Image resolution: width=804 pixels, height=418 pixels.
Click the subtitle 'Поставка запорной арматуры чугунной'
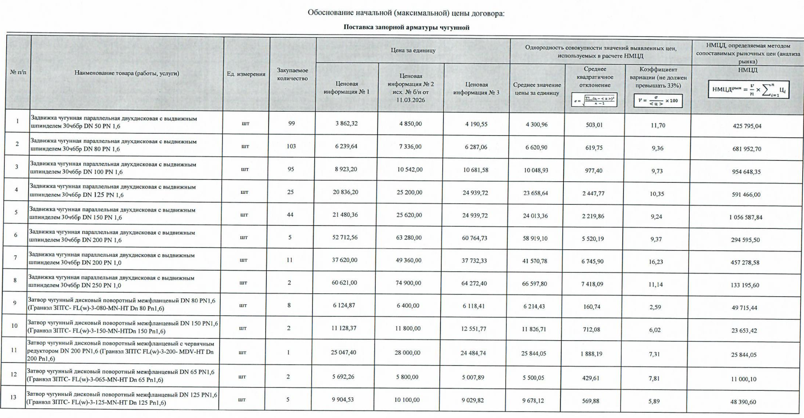[406, 28]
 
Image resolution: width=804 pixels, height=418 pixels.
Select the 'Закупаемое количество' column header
[292, 74]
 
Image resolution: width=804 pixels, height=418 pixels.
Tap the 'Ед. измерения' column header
[246, 74]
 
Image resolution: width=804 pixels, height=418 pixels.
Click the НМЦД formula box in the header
[748, 90]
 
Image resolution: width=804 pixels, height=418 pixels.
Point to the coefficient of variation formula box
[658, 100]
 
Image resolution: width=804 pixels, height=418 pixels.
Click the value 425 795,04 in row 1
[747, 126]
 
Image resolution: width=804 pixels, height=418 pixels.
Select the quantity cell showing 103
[291, 146]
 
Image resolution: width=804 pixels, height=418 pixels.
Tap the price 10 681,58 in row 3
[476, 170]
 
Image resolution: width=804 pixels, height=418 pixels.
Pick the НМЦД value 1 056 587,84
[746, 217]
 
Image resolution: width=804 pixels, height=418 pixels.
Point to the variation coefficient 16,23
[656, 262]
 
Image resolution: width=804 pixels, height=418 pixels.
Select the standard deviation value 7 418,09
[592, 284]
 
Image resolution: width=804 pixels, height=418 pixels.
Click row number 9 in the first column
[15, 303]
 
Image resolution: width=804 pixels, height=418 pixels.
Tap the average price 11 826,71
[534, 329]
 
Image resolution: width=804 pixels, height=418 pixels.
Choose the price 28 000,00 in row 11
[408, 353]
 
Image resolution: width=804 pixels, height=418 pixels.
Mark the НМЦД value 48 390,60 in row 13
[743, 402]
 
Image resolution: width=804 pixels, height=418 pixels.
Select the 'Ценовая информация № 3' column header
[476, 88]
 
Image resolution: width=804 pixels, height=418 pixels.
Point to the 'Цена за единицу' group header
[413, 50]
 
